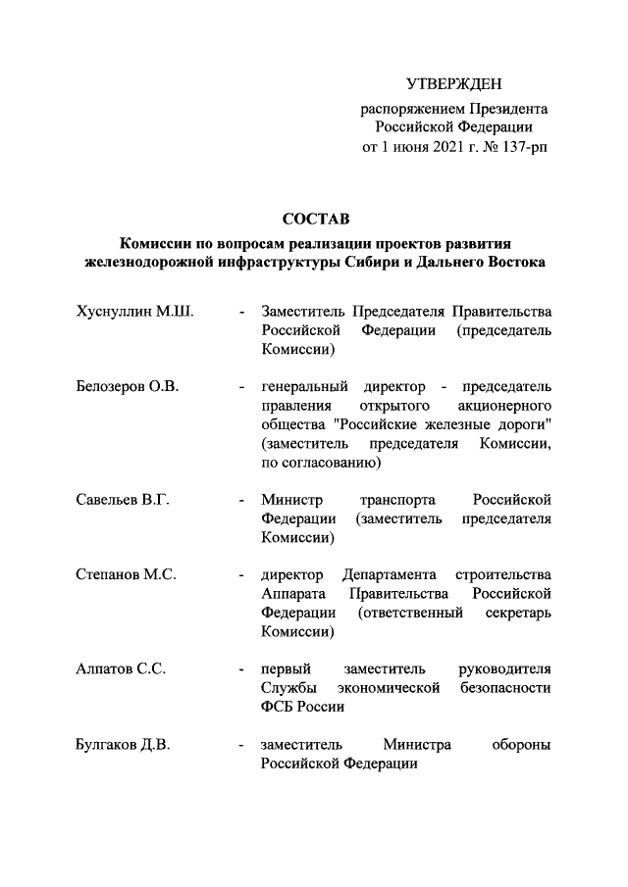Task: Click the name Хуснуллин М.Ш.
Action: click(133, 312)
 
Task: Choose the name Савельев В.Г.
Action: click(124, 499)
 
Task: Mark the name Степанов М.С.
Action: click(126, 573)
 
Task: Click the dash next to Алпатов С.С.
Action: click(241, 669)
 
